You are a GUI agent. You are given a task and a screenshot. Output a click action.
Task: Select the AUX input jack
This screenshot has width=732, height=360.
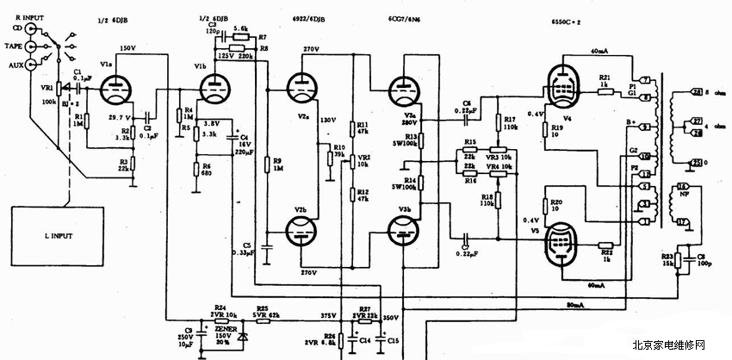34,63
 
